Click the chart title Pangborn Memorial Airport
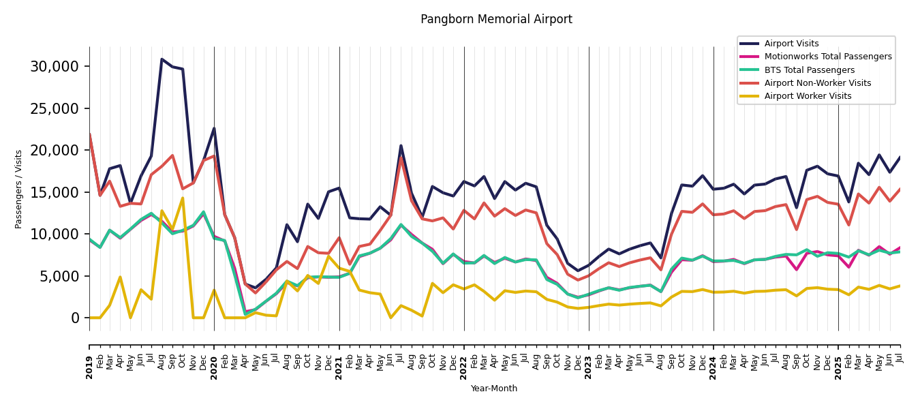tap(496, 20)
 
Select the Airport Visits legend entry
tap(791, 44)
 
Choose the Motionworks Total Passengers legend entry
tap(827, 57)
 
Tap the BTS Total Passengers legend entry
tap(809, 70)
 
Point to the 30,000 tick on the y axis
tap(55, 67)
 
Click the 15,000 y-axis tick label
tap(55, 192)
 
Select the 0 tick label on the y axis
tap(74, 318)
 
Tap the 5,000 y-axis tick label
tap(59, 276)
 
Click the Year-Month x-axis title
tap(494, 389)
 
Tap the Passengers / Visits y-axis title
tap(19, 189)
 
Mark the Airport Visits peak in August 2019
tap(162, 59)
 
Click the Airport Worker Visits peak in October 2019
tap(183, 198)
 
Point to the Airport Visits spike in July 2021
tap(401, 145)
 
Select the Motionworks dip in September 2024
tap(796, 270)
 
